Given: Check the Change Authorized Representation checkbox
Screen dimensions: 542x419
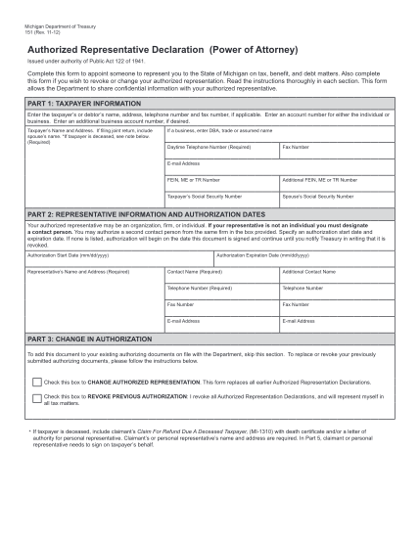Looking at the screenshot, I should pyautogui.click(x=37, y=382).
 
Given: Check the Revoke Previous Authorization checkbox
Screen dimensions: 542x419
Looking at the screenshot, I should pyautogui.click(x=37, y=399).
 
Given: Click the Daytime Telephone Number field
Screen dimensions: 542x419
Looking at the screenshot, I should pyautogui.click(x=222, y=153).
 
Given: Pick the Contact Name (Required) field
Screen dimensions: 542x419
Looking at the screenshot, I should pyautogui.click(x=222, y=277).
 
